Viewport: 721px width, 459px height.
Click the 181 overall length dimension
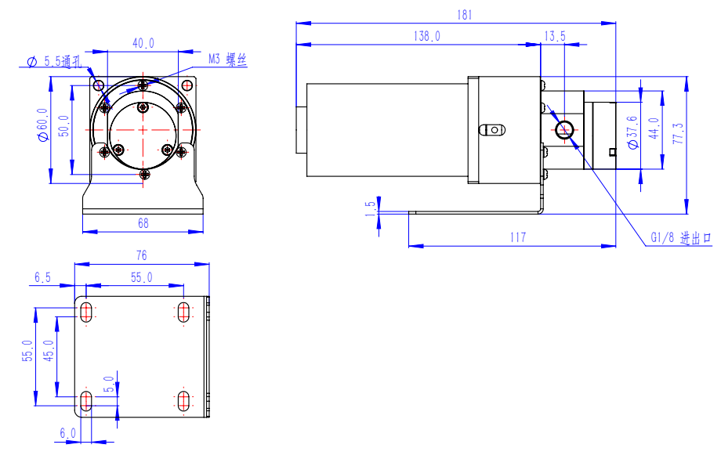click(465, 15)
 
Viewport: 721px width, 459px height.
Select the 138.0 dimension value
click(426, 36)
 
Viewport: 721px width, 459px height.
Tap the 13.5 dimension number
click(555, 36)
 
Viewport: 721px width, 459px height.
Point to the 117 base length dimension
click(518, 237)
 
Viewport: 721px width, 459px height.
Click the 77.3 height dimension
click(678, 133)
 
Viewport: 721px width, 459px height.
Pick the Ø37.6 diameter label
click(632, 132)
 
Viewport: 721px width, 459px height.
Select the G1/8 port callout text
click(681, 237)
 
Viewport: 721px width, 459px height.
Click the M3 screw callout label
click(227, 60)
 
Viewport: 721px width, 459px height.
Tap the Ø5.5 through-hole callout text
click(54, 61)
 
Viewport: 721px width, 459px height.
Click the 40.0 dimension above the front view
click(143, 43)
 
